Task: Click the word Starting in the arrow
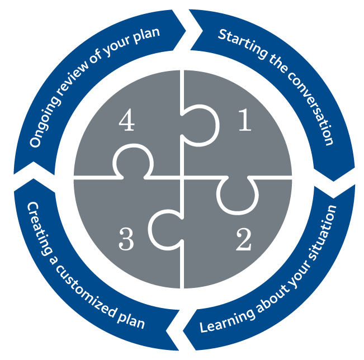pyautogui.click(x=237, y=45)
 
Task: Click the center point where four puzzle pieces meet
pyautogui.click(x=182, y=178)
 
